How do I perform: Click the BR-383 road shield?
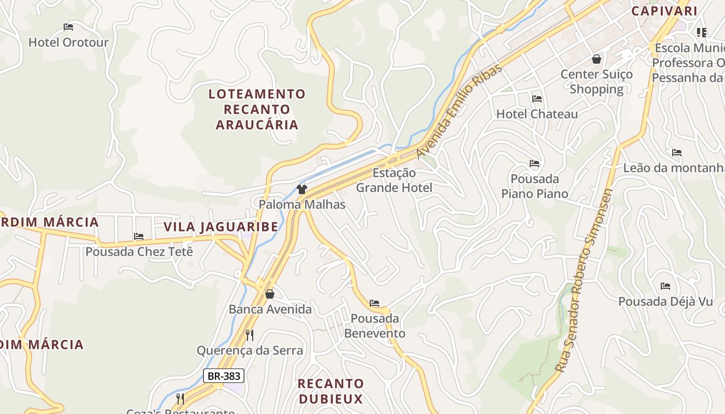(223, 376)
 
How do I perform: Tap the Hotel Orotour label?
(68, 42)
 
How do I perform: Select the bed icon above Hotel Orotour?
(68, 27)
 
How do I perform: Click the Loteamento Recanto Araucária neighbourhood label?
(257, 109)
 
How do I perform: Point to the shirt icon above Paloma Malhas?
(302, 189)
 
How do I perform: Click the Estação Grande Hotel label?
(394, 180)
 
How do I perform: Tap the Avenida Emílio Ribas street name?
(459, 111)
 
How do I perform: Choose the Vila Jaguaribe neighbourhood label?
(221, 227)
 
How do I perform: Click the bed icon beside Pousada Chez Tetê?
(139, 236)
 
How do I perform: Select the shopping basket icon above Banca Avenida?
(270, 294)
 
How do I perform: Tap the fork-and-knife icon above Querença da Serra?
(250, 335)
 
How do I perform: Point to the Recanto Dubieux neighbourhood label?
(330, 391)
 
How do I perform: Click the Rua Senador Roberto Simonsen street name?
(584, 281)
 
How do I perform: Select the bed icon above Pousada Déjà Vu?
(665, 286)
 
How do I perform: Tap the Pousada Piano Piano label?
(534, 186)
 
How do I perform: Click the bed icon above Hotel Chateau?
(537, 99)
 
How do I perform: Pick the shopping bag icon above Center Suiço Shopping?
(597, 59)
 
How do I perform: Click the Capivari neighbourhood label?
(664, 11)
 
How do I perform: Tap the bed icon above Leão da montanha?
(677, 153)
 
